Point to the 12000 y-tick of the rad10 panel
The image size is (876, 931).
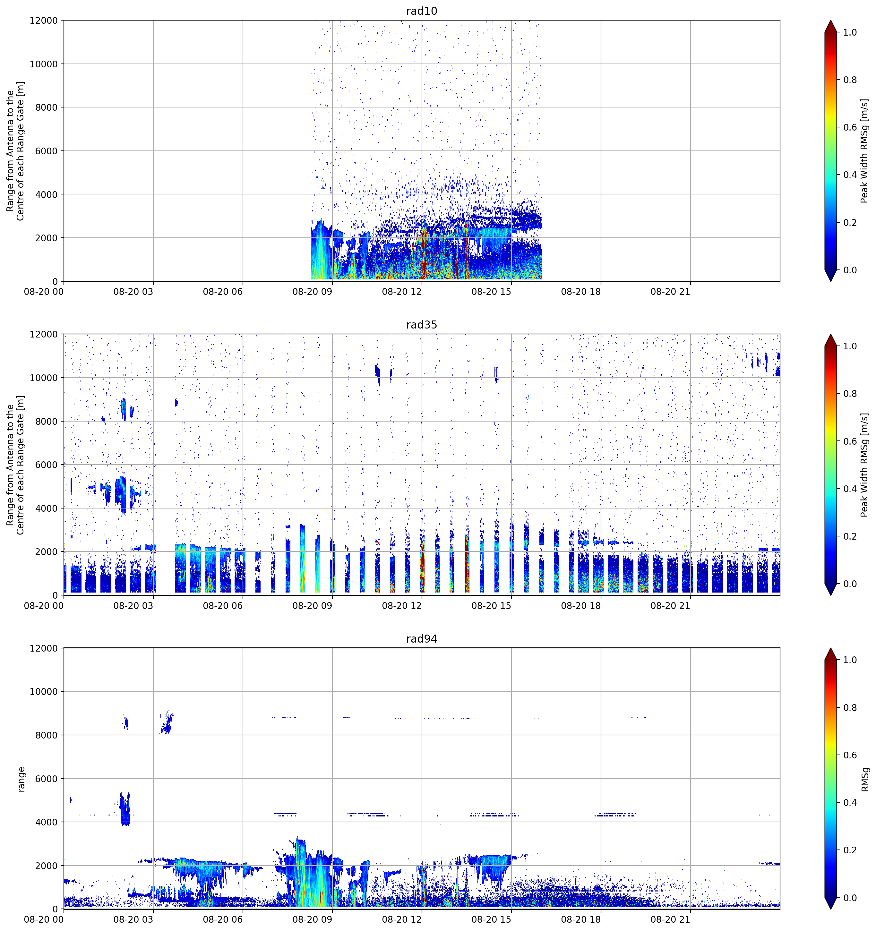point(44,21)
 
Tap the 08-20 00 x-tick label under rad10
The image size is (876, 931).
point(44,292)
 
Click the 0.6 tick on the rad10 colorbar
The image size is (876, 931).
point(850,127)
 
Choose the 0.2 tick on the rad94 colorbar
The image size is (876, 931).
point(850,850)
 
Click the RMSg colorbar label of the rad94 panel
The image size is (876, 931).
point(865,779)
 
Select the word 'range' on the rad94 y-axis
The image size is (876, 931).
point(21,779)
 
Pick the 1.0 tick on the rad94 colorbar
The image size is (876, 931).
point(850,660)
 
